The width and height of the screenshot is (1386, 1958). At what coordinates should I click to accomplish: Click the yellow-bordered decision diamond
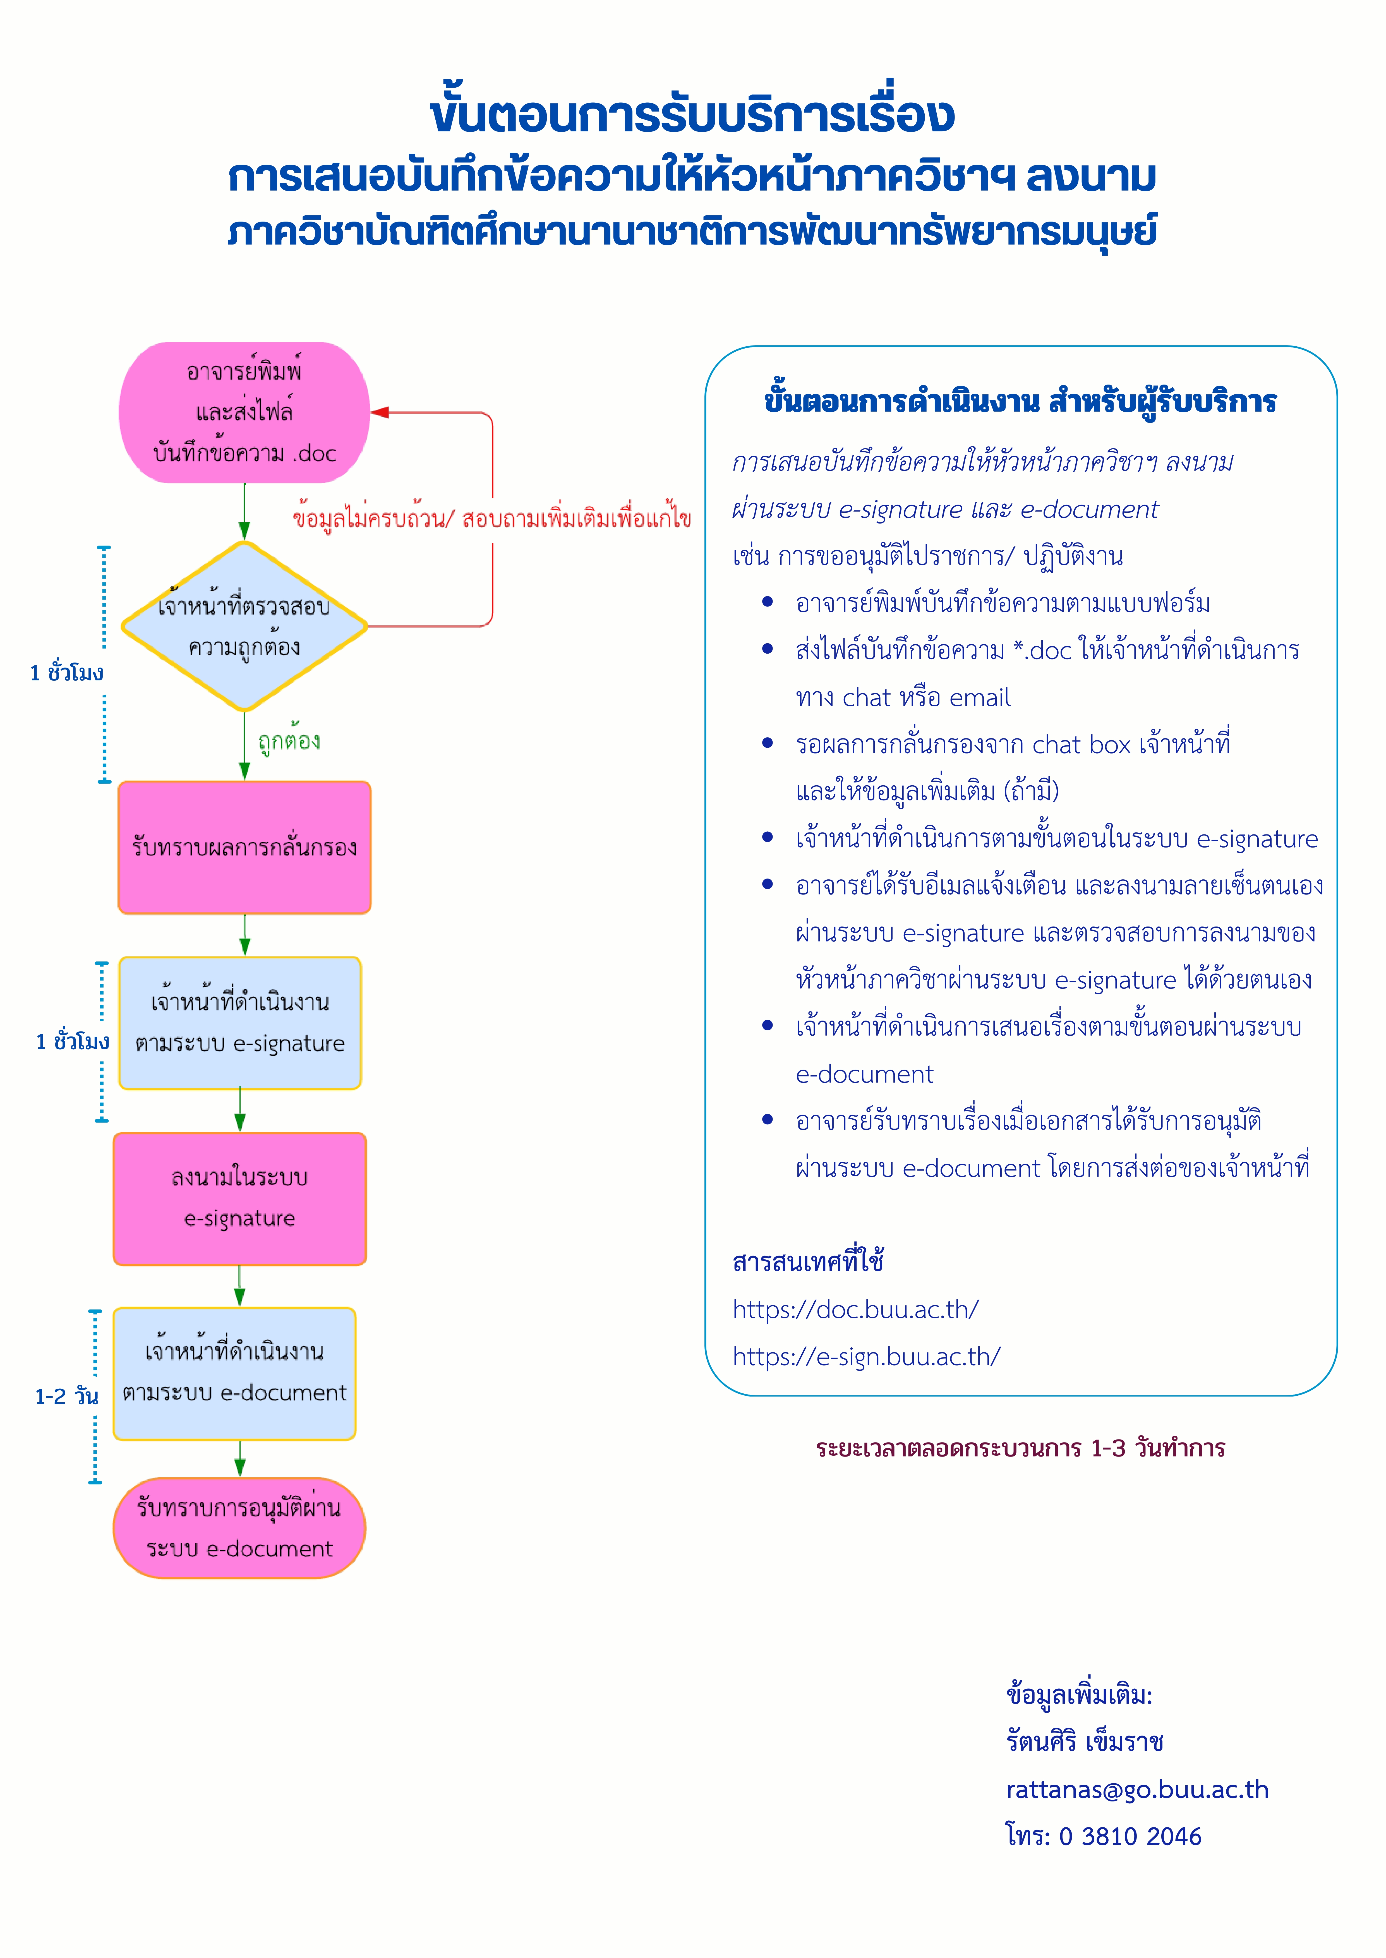(x=244, y=626)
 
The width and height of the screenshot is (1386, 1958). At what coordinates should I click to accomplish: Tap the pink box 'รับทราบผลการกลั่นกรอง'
(x=244, y=847)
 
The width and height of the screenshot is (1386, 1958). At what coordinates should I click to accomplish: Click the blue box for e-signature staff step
(x=240, y=1023)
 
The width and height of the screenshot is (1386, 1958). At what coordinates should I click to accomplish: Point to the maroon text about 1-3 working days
(x=1020, y=1448)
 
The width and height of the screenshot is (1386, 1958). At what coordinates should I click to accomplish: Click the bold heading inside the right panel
(x=1020, y=401)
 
